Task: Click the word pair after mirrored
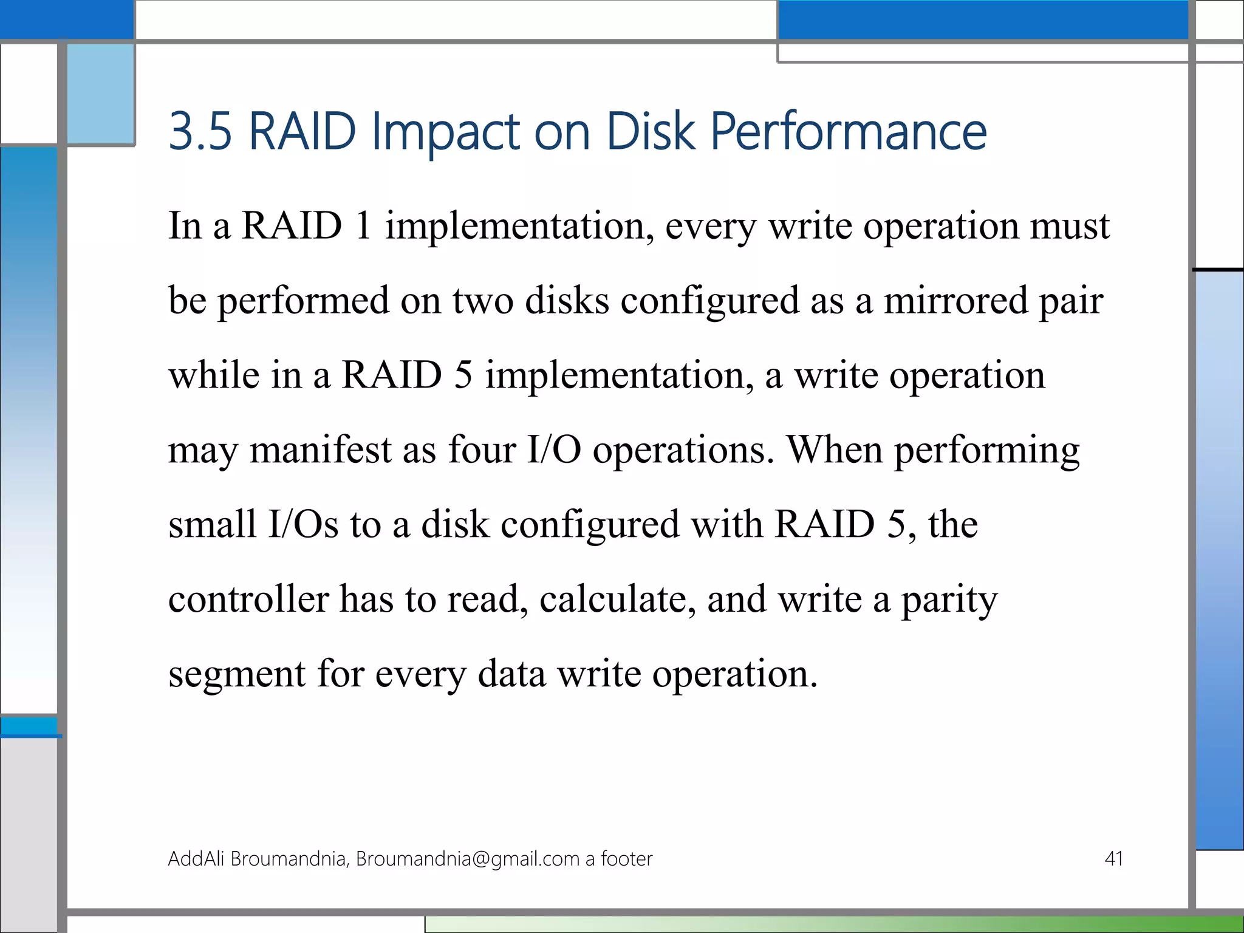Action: click(1070, 301)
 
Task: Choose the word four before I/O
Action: click(482, 450)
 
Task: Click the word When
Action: click(834, 450)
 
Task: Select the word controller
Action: click(248, 599)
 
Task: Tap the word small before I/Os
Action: click(212, 524)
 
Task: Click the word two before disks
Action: click(483, 301)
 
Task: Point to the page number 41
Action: click(1113, 858)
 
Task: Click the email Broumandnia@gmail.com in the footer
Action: click(467, 859)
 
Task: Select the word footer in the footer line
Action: click(626, 858)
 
